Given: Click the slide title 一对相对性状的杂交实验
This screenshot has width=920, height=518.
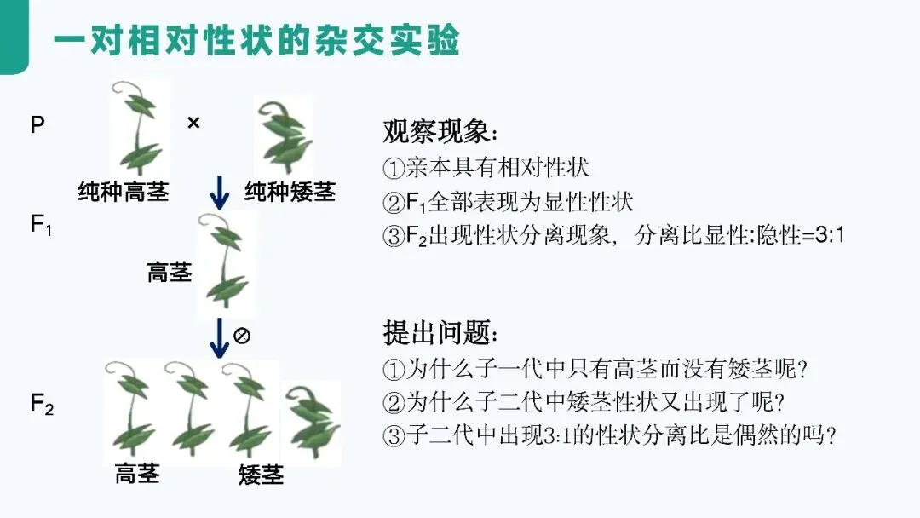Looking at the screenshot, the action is (x=256, y=39).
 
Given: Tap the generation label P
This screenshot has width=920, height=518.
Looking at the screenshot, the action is (x=37, y=125).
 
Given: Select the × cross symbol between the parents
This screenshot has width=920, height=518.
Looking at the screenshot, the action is (x=193, y=124).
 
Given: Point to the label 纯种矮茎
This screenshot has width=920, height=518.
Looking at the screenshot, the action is (x=290, y=191).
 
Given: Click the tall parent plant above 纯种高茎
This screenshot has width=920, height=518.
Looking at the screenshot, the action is (x=139, y=128).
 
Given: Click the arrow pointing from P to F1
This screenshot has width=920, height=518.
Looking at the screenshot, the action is (x=220, y=193).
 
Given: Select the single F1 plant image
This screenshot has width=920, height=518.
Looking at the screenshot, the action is (x=225, y=264).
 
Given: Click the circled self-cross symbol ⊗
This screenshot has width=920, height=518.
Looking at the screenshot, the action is (x=241, y=336).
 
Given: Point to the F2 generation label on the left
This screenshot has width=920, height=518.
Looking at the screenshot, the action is (x=42, y=405).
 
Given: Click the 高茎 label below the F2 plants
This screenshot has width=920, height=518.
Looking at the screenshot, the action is (x=137, y=473).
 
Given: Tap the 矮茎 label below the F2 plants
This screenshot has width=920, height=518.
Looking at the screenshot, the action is (x=261, y=474).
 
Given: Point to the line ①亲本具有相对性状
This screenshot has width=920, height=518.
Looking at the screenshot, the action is (x=486, y=168).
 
